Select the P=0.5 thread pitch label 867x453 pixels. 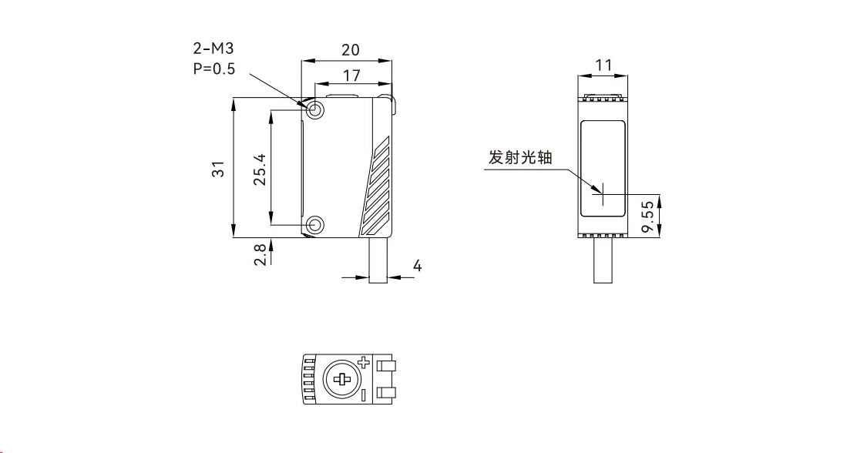(x=214, y=68)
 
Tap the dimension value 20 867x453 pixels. (x=350, y=49)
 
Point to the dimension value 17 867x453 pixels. (x=352, y=75)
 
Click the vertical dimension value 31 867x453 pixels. (x=219, y=169)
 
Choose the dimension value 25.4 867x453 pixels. (x=260, y=169)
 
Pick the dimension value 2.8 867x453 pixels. (x=260, y=255)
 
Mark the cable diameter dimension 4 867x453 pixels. (x=417, y=266)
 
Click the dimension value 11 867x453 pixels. (x=604, y=66)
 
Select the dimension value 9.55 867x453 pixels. (x=649, y=216)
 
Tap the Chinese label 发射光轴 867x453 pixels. (x=520, y=158)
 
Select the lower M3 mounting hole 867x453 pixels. (x=315, y=225)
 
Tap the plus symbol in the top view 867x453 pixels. (x=364, y=361)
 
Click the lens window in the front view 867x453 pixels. (x=603, y=167)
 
